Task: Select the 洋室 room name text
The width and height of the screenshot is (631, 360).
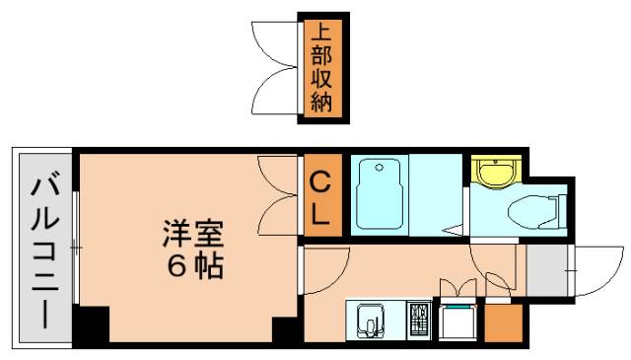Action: (193, 235)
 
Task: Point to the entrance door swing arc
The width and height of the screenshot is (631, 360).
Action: (592, 271)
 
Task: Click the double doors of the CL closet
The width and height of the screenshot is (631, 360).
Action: (281, 195)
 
